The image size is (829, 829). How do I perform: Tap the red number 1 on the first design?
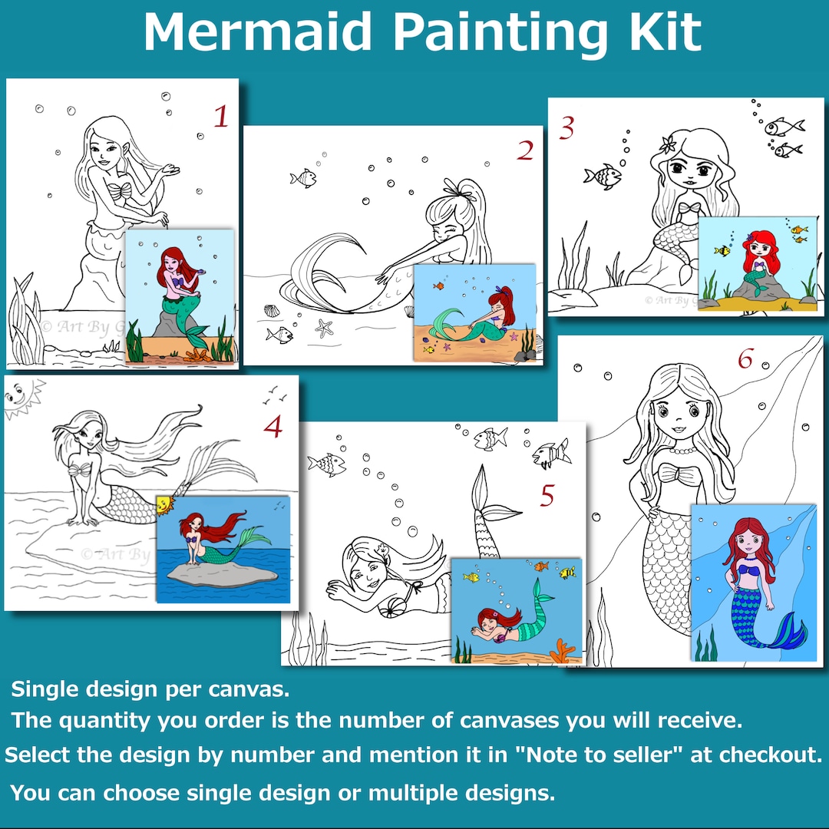coord(221,117)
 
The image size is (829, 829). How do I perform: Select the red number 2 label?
coord(524,151)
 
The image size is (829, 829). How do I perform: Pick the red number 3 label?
coord(566,129)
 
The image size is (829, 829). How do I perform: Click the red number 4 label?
coord(272,427)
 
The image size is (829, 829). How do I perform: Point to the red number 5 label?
coord(547,496)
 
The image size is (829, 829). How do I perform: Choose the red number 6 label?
coord(745,358)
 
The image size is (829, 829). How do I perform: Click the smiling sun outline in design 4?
coord(18,398)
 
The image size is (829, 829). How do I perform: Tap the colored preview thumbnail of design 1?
coord(179,296)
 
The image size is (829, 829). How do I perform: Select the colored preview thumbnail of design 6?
coord(753,583)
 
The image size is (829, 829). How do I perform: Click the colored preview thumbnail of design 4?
coord(223,550)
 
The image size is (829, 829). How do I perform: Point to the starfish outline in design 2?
coord(324,328)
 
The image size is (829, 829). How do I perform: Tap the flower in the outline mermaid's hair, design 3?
coord(666,143)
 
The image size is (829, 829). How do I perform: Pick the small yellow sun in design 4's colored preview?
coord(163,505)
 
